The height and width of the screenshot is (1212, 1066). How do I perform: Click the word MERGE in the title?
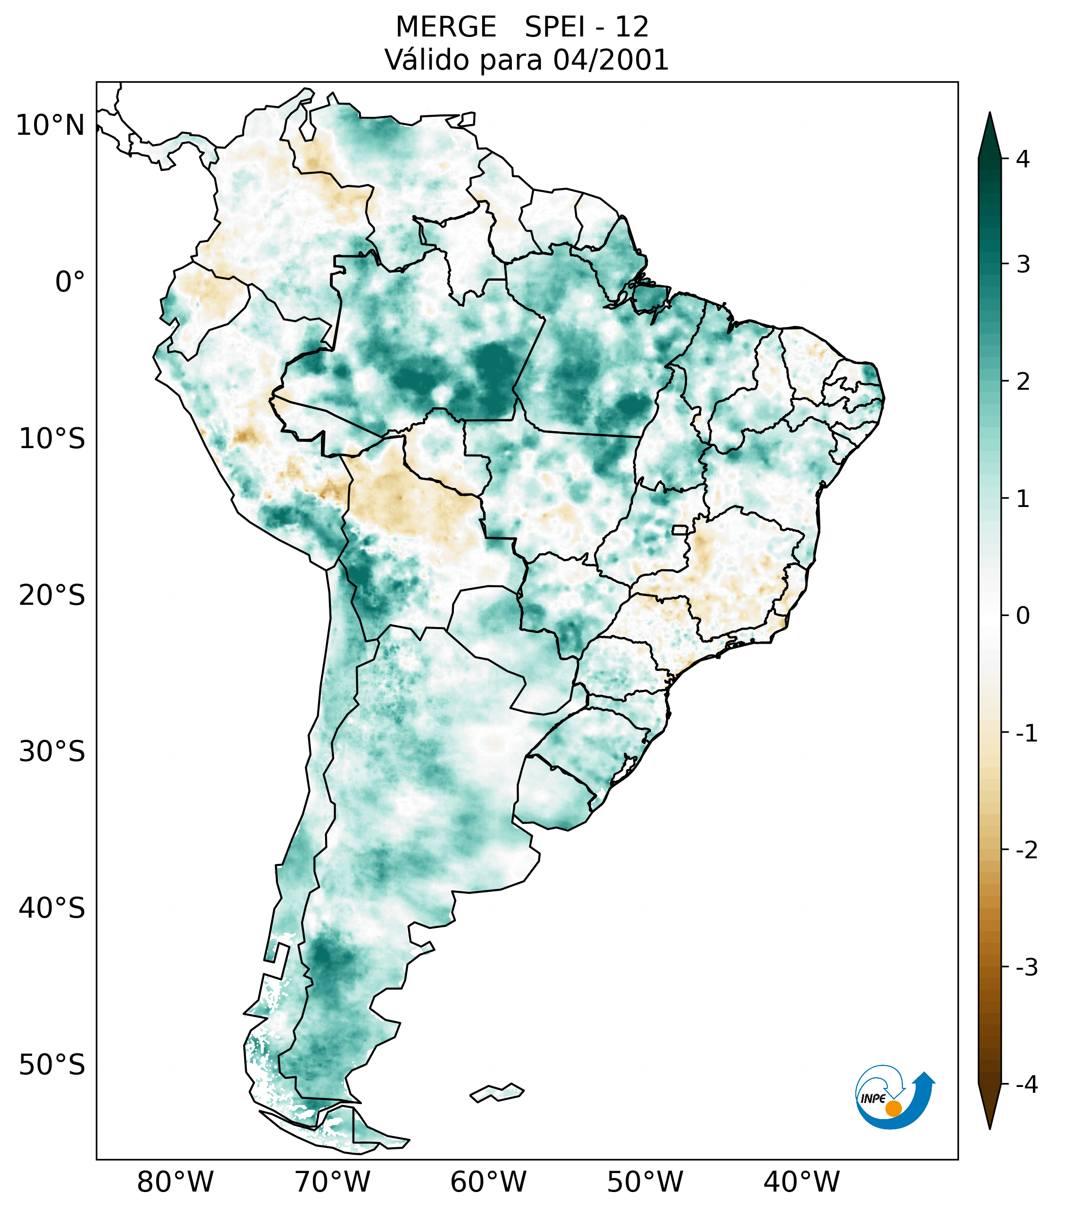[445, 27]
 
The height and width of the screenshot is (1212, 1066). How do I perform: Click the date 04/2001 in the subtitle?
[610, 60]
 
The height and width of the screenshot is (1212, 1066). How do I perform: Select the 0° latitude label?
[70, 282]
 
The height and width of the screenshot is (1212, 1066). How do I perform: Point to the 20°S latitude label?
[52, 596]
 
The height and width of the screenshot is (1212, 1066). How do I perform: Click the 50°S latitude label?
[52, 1065]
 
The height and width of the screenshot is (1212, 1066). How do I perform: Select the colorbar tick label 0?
[1023, 616]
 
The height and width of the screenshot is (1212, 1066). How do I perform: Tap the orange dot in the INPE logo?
[893, 1108]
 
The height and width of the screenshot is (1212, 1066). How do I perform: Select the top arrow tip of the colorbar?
[989, 114]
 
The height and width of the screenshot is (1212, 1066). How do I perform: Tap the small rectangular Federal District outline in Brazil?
[680, 529]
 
